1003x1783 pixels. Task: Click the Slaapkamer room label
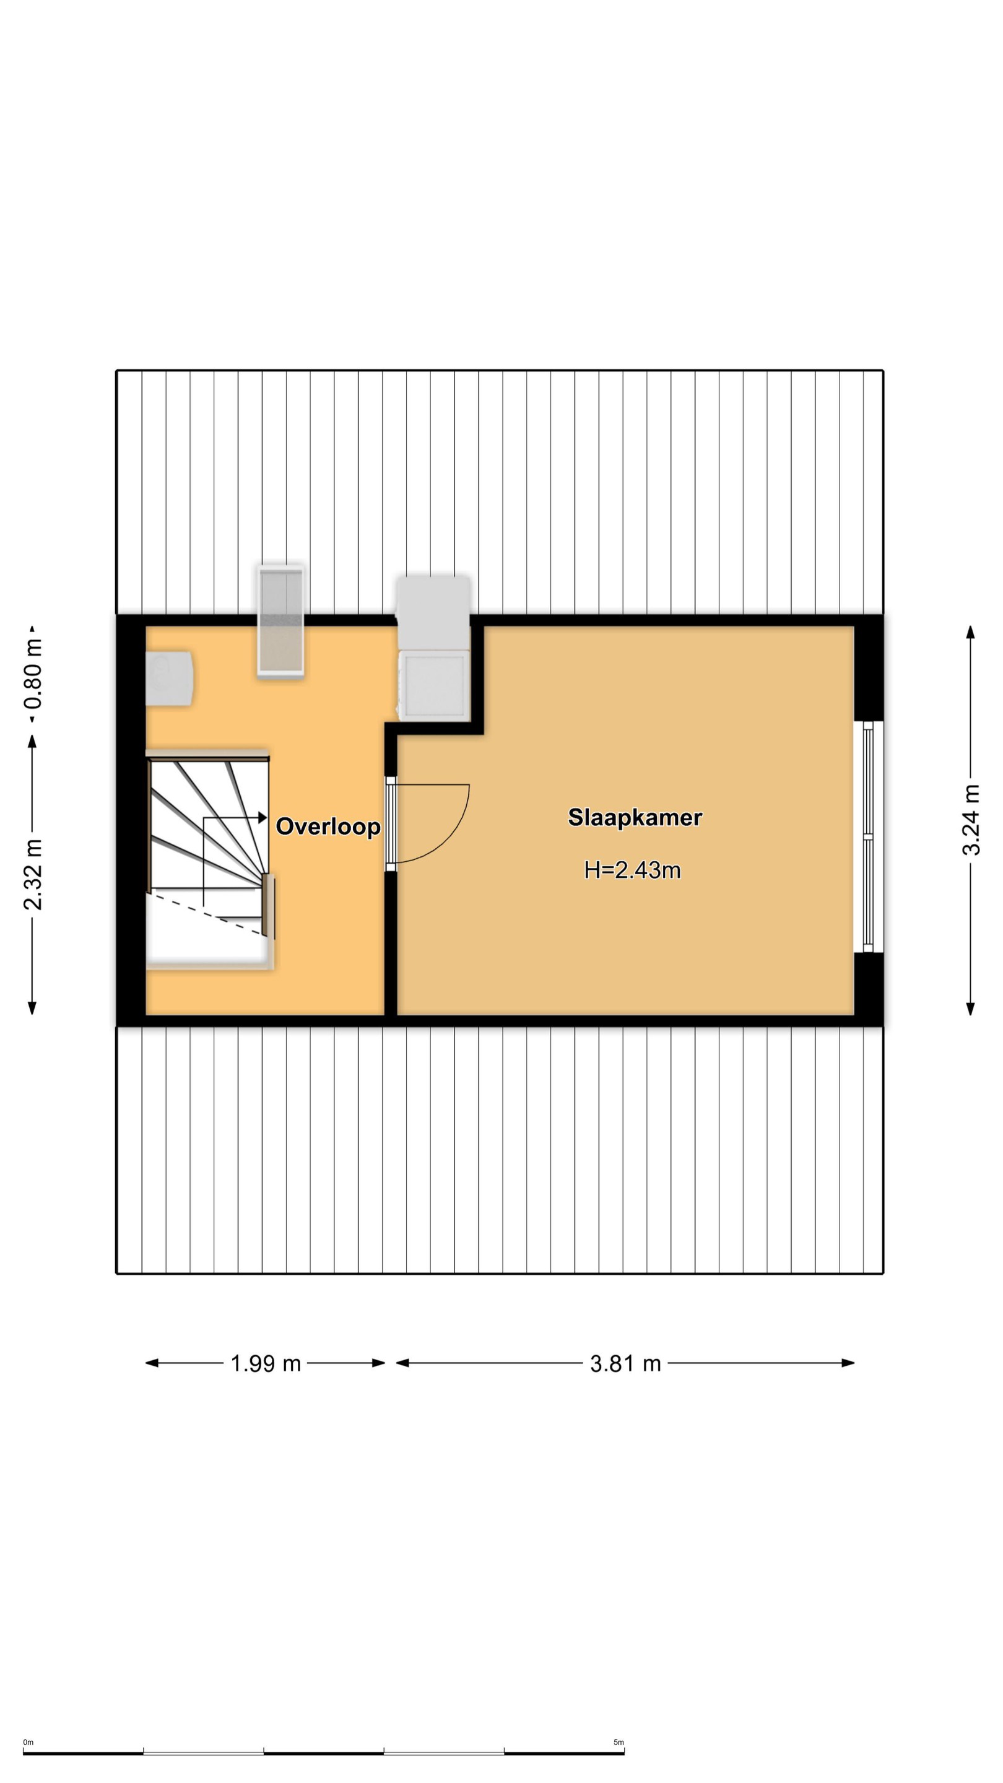click(x=635, y=817)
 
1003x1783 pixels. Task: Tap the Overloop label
click(x=328, y=826)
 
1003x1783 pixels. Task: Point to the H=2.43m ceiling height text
click(x=633, y=870)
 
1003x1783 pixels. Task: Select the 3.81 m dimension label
click(x=625, y=1363)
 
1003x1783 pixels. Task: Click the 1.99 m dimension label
click(x=266, y=1363)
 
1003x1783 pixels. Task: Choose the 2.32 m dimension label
click(x=33, y=874)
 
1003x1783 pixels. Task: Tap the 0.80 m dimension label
click(x=33, y=673)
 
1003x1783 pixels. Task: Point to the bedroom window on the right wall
click(x=868, y=837)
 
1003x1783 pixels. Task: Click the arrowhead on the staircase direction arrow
click(x=263, y=818)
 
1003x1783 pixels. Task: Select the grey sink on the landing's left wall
click(x=169, y=678)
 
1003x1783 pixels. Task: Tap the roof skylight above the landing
click(x=280, y=620)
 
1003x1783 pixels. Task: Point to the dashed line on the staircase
click(x=206, y=914)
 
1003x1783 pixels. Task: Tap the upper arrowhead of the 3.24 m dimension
click(x=970, y=633)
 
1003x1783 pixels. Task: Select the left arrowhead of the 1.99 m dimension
click(x=152, y=1363)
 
